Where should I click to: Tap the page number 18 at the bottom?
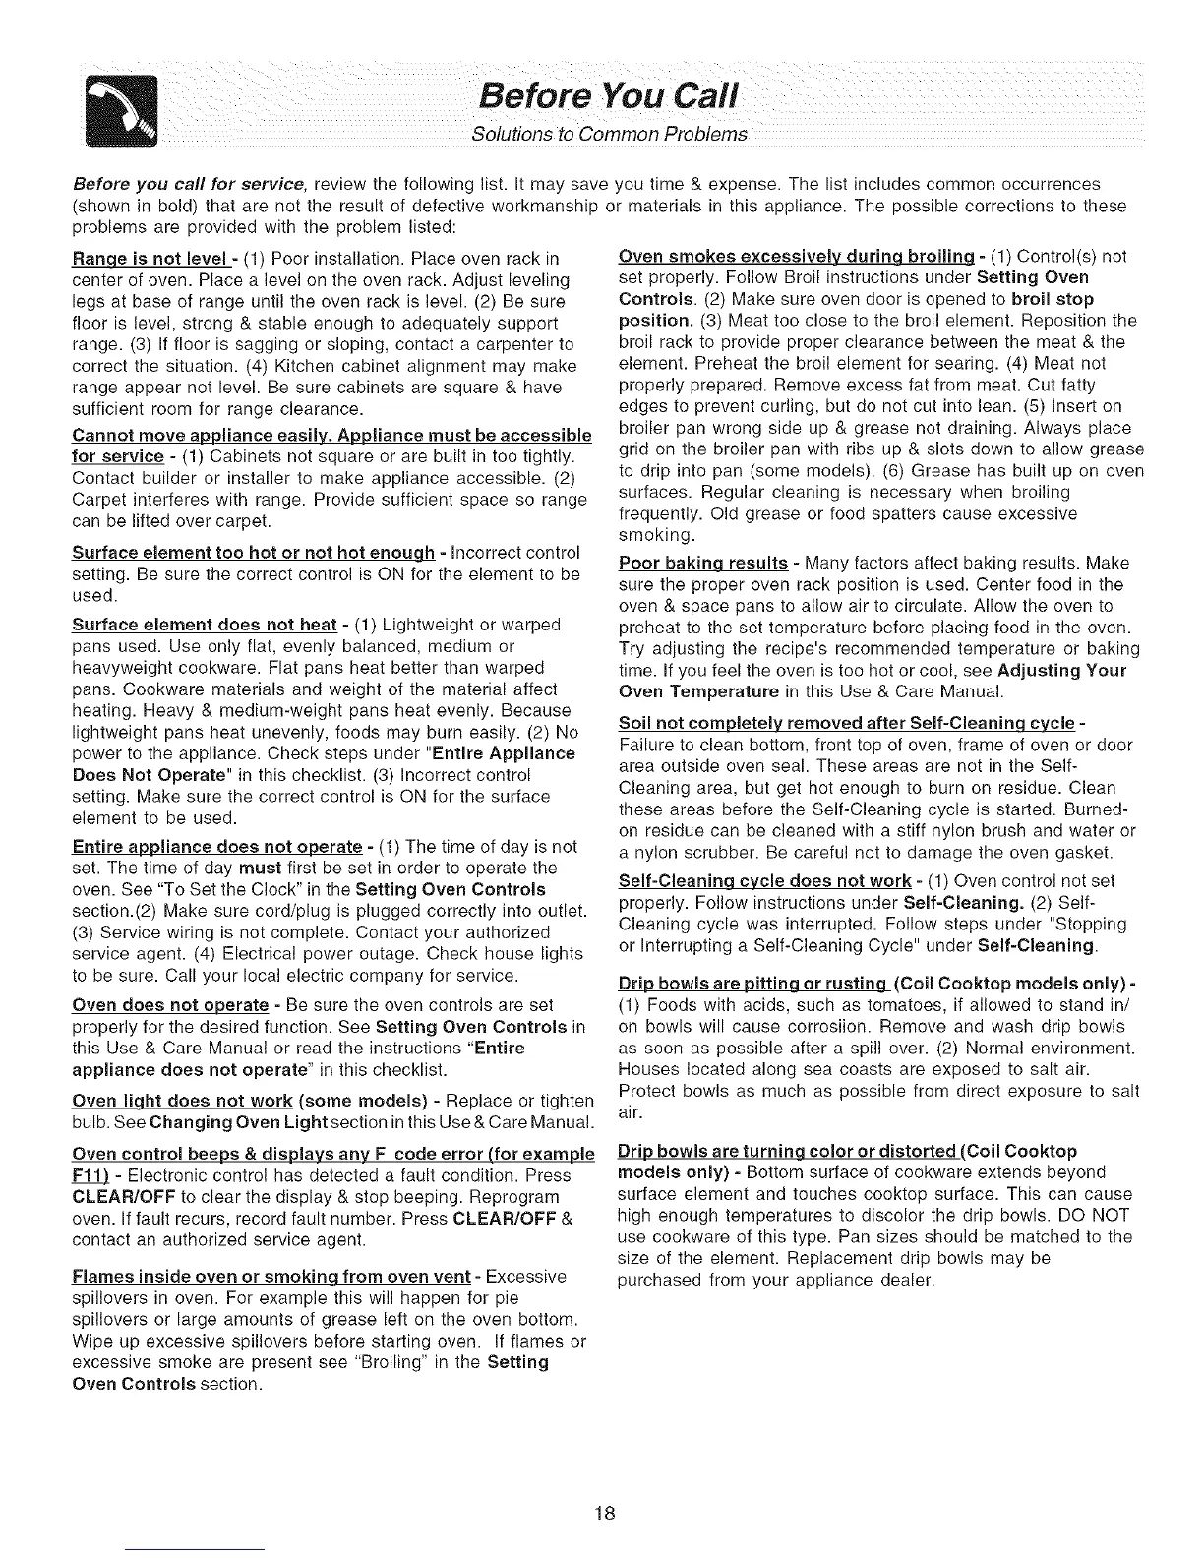pyautogui.click(x=603, y=1513)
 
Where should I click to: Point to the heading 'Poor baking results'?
pyautogui.click(x=703, y=564)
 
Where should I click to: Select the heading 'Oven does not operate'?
pyautogui.click(x=170, y=1005)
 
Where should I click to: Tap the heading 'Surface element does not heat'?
pyautogui.click(x=206, y=626)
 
